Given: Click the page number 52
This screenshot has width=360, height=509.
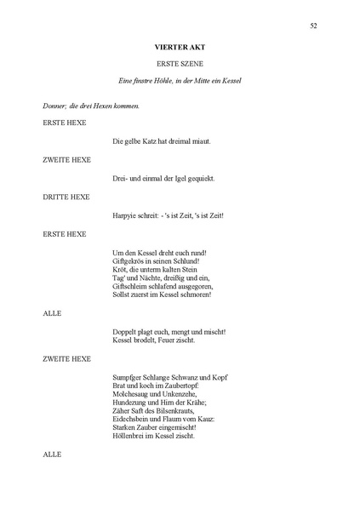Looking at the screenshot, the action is [x=314, y=26].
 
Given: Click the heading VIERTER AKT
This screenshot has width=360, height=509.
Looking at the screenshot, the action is [x=180, y=49].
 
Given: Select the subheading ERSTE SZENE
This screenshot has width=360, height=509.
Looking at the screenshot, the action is [x=180, y=65].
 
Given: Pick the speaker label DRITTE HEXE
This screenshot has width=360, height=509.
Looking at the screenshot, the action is [x=66, y=196].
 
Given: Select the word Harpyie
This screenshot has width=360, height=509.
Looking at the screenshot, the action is [x=126, y=216].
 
